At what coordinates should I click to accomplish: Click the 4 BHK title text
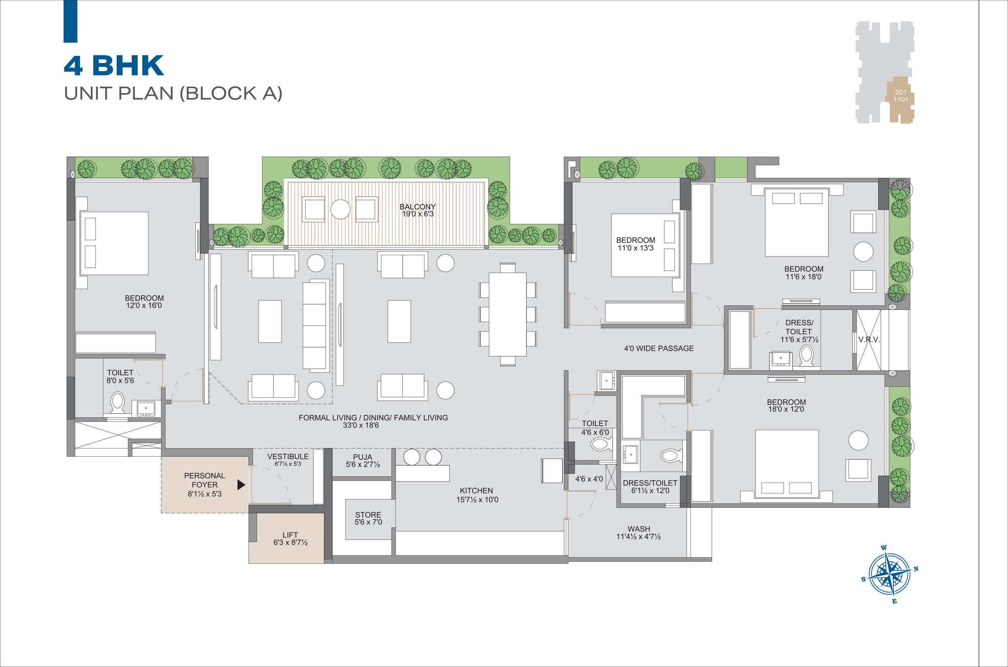(114, 65)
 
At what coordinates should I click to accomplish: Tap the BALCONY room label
(417, 207)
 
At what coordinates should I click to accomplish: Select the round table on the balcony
(340, 209)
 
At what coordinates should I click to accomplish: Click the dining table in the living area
(507, 314)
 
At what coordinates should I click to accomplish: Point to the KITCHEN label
(476, 490)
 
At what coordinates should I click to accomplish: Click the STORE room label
(368, 515)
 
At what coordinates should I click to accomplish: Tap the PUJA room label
(362, 457)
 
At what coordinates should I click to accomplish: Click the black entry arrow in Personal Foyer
(241, 485)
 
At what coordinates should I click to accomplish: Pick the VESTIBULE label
(288, 456)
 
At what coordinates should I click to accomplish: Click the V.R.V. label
(869, 339)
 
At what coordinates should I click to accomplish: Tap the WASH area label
(639, 529)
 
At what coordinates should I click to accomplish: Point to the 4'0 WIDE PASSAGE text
(659, 348)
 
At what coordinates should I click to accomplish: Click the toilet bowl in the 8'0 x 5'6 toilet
(117, 402)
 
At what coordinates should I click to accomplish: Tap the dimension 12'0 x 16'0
(144, 306)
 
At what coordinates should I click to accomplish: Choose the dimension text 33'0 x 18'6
(361, 425)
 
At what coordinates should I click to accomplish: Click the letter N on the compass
(916, 569)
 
